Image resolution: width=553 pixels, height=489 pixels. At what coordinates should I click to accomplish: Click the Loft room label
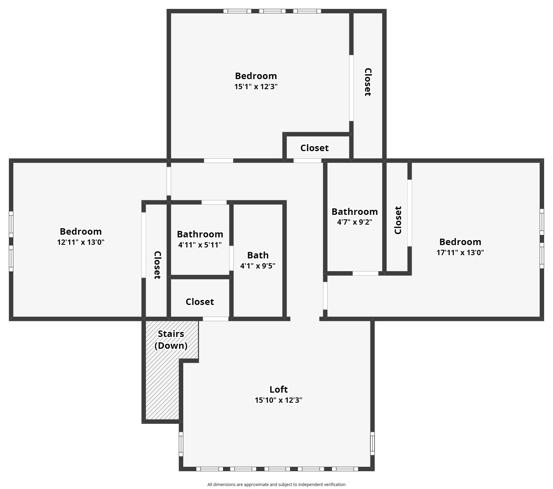pos(278,389)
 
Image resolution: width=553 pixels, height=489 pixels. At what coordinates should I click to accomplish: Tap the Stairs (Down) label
pos(171,340)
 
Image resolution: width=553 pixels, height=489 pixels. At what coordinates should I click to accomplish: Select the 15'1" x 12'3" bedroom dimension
pos(256,87)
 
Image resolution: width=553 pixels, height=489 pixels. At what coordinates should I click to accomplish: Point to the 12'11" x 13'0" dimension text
pos(81,242)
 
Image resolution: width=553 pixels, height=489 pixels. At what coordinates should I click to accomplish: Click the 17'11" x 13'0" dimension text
pos(460,253)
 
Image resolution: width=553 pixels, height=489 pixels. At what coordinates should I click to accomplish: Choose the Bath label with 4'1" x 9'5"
pos(258,255)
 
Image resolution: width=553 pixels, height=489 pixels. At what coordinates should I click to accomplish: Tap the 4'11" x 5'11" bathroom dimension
pos(200,245)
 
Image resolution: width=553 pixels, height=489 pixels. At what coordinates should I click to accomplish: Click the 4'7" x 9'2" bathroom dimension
pos(354,222)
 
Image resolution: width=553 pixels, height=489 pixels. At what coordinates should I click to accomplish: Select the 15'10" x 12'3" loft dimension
pos(278,400)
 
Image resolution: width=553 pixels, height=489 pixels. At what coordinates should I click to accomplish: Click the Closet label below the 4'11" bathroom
pos(200,302)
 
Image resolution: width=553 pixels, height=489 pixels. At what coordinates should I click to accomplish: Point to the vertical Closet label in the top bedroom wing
pos(368,82)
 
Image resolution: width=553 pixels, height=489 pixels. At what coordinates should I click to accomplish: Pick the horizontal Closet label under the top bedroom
pos(314,148)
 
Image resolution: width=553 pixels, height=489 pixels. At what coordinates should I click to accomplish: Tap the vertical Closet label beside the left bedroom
pos(157,265)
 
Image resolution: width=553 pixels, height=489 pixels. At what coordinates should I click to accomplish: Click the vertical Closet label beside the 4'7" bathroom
pos(398,220)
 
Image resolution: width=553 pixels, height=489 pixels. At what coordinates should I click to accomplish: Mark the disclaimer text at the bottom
pos(276,485)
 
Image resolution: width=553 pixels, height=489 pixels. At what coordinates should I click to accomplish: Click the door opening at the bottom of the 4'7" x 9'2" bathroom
pos(365,273)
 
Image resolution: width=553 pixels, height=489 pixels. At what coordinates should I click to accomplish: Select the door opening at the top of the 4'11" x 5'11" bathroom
pos(214,202)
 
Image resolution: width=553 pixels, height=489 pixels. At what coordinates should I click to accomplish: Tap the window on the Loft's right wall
pos(372,443)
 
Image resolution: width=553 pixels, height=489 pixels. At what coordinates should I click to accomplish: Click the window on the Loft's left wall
pos(181,444)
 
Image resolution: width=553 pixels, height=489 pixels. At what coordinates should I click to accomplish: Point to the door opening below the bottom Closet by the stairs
pos(216,319)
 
